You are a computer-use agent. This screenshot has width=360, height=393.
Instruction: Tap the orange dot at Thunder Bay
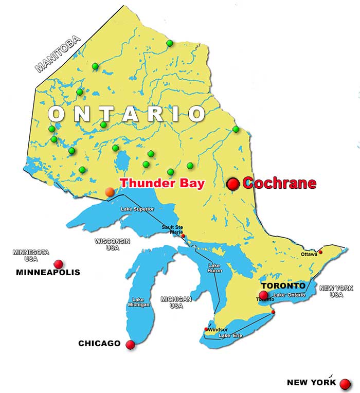click(110, 192)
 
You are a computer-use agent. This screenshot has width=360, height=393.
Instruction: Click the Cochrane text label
click(279, 183)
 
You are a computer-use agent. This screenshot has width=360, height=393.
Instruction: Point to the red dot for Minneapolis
click(59, 264)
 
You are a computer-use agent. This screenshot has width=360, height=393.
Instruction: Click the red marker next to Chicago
click(130, 345)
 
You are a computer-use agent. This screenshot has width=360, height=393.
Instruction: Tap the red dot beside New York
click(345, 384)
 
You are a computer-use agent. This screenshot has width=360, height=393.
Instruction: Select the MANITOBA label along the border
click(58, 53)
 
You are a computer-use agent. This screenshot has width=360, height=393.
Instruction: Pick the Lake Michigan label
click(138, 302)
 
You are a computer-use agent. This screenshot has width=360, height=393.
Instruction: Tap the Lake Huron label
click(214, 268)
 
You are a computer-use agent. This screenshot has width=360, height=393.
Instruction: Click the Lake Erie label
click(230, 336)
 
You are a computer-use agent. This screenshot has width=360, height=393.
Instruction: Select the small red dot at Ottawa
click(320, 252)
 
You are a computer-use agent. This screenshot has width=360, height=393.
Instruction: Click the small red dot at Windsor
click(207, 329)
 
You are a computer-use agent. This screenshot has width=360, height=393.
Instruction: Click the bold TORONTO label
click(283, 285)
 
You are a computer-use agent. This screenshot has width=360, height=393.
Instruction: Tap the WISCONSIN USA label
click(112, 244)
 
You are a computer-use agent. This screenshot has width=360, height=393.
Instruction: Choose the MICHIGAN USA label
click(176, 302)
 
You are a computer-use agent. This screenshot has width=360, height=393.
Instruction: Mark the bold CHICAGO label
click(99, 344)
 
